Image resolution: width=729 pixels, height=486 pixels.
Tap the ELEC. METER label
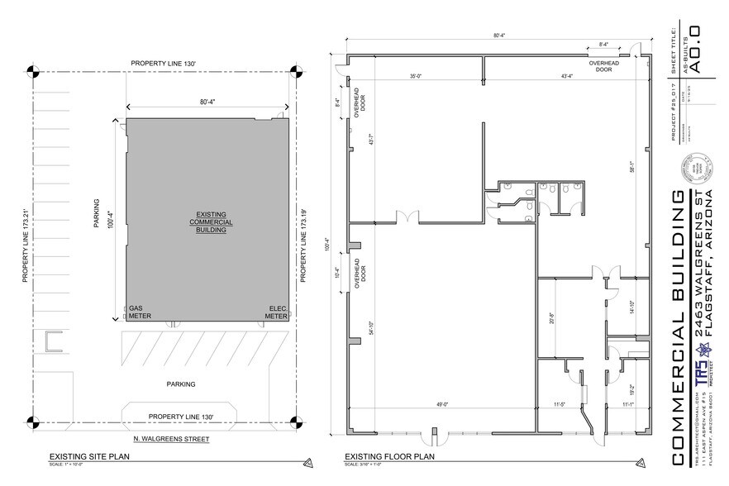(276, 312)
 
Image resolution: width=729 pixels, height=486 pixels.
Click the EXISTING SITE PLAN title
(85, 456)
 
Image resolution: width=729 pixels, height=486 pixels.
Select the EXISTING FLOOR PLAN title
(384, 456)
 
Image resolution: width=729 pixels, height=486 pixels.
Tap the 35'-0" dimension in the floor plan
(414, 76)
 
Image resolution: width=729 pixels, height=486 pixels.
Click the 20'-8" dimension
(550, 318)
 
